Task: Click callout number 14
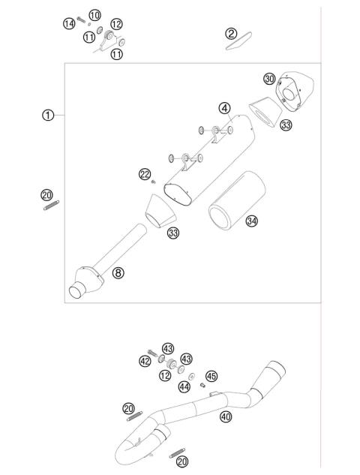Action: tap(68, 24)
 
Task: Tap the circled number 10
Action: tap(94, 15)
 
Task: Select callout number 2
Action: tap(231, 32)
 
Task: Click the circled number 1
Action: tap(48, 115)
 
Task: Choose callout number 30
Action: tap(269, 79)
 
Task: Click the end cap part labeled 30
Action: tap(295, 89)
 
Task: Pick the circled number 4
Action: tap(224, 108)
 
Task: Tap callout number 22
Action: tap(145, 174)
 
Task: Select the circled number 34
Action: tap(252, 221)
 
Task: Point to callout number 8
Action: tap(118, 272)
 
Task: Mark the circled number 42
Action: tap(144, 361)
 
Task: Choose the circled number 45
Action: tap(211, 376)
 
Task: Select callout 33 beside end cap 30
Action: tap(286, 125)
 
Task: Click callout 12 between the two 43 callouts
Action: tap(163, 374)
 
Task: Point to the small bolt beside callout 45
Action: tap(203, 385)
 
